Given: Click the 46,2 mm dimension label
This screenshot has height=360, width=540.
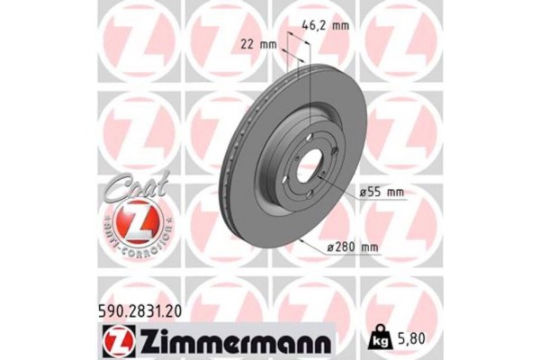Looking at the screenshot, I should [x=323, y=26].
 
